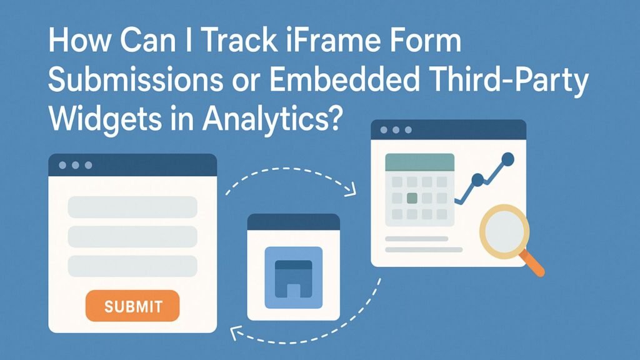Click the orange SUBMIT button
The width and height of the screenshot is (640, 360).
click(x=132, y=306)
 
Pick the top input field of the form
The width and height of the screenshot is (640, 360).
click(x=132, y=207)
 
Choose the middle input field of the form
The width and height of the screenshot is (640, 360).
click(x=132, y=237)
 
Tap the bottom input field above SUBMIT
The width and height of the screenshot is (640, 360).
click(x=132, y=266)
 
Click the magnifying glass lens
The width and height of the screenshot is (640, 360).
click(x=504, y=231)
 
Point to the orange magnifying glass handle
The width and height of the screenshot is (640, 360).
click(x=532, y=263)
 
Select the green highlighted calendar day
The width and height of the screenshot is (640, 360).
click(x=412, y=198)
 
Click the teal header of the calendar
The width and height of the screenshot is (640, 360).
click(x=419, y=162)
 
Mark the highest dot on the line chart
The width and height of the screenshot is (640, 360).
click(x=507, y=158)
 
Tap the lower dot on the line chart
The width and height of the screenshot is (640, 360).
click(x=477, y=179)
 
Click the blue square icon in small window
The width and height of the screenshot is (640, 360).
click(x=294, y=277)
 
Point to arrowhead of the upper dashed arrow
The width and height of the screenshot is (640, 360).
click(x=351, y=191)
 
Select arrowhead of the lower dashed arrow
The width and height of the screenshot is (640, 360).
click(x=235, y=332)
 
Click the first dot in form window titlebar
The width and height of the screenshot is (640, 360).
click(x=62, y=165)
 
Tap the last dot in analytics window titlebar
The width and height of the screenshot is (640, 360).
click(x=408, y=130)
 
